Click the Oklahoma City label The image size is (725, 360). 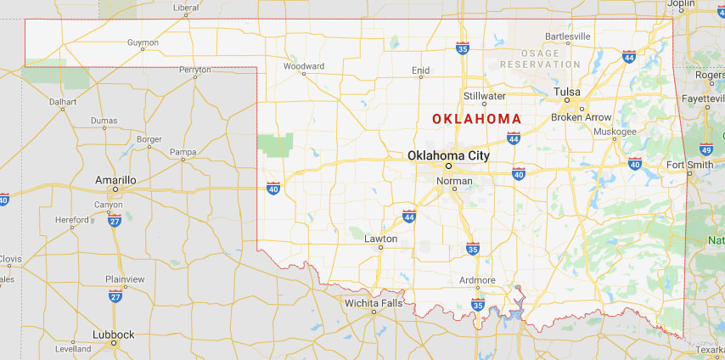(448, 155)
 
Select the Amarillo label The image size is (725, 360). (116, 179)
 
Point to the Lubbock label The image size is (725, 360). (113, 335)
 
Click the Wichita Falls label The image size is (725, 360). (374, 302)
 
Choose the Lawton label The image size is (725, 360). (380, 239)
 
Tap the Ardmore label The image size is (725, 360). (477, 280)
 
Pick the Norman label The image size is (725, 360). (454, 181)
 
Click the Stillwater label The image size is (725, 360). (485, 96)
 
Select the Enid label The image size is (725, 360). (420, 70)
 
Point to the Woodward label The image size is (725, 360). (304, 66)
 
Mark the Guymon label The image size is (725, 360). (143, 42)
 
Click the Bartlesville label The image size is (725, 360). (567, 37)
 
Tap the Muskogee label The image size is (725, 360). (615, 132)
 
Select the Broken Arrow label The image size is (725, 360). (581, 117)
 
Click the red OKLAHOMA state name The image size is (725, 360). (476, 119)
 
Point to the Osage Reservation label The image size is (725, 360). (541, 59)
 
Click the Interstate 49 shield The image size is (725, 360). (706, 149)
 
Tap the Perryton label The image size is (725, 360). (195, 69)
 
